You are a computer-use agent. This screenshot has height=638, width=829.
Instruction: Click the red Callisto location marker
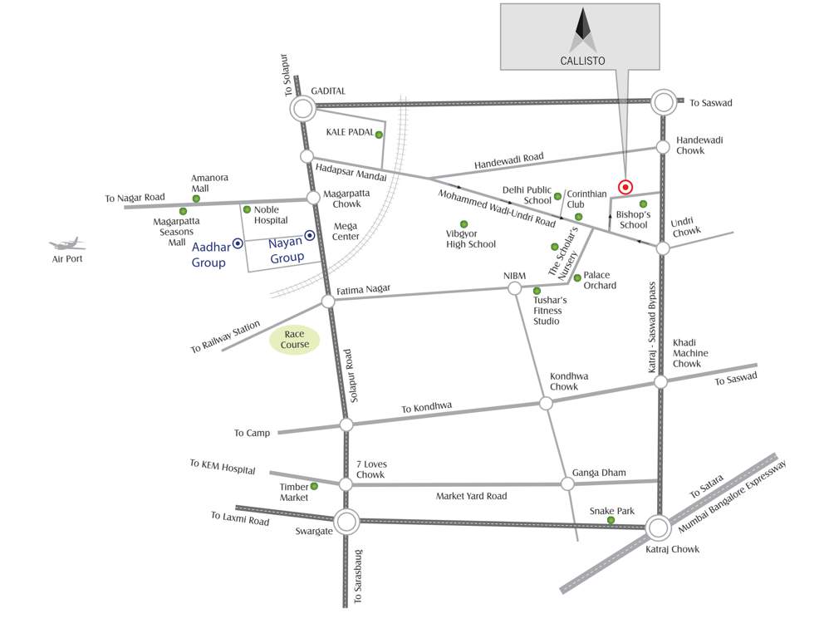625,188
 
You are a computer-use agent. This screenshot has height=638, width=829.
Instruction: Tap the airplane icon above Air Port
67,244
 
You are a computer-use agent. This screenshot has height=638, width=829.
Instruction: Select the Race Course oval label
295,339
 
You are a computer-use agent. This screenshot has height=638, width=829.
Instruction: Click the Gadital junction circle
302,107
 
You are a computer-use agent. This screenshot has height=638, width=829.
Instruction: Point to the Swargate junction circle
346,523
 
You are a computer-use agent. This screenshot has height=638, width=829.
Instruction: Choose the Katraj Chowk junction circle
659,528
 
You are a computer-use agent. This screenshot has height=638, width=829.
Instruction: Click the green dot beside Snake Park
611,520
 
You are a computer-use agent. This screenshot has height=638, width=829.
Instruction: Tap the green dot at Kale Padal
379,135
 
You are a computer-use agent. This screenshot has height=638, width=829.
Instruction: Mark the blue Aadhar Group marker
238,243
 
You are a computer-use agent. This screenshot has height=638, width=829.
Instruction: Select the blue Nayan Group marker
310,236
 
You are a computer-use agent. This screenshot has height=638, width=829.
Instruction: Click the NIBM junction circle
514,288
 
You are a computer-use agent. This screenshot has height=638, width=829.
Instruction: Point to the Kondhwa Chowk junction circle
546,403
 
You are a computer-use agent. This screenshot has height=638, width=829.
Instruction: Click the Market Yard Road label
471,496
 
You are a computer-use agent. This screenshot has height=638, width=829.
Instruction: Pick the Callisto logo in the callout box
581,32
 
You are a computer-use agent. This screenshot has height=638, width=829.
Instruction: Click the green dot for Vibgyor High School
464,224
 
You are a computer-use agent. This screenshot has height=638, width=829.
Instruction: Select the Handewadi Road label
509,161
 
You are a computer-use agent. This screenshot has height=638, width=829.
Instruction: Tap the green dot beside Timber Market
314,486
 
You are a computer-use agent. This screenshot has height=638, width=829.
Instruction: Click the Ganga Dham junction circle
568,483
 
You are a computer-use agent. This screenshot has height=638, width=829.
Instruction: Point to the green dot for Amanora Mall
196,199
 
